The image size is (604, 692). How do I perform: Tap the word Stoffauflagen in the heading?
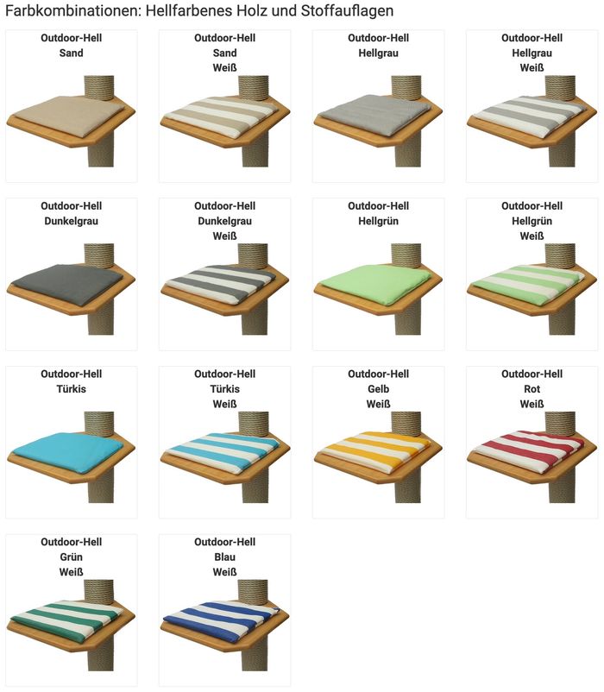[x=347, y=10]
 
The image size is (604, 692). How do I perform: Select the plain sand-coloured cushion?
[x=69, y=115]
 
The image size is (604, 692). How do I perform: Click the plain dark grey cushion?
[x=67, y=284]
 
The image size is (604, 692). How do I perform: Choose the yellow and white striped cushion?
[x=375, y=452]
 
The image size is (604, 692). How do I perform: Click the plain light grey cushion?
[x=374, y=115]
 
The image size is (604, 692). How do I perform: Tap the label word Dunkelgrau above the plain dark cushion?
[x=71, y=221]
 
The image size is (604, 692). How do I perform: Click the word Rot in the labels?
[x=532, y=389]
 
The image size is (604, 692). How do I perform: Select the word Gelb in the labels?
[x=378, y=389]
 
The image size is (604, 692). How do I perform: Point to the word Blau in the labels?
[x=224, y=557]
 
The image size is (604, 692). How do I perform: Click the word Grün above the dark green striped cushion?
[x=71, y=557]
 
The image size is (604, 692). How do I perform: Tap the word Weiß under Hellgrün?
[x=532, y=236]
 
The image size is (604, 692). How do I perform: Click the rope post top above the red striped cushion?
[x=560, y=424]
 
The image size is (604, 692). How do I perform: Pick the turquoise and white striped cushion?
[x=222, y=453]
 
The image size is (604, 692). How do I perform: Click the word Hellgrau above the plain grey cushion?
[x=378, y=53]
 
